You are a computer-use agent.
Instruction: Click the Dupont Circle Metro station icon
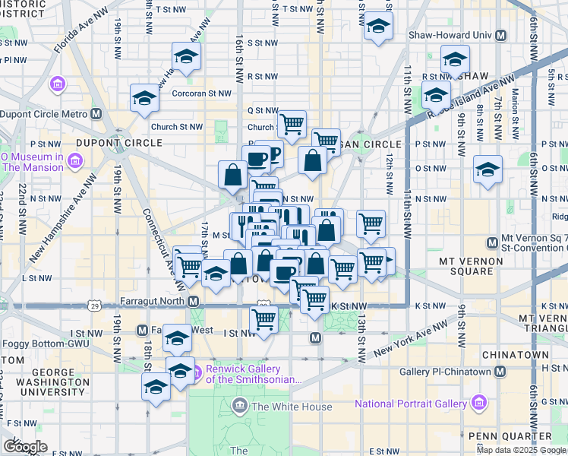pyautogui.click(x=96, y=114)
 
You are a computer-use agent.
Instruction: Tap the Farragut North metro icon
pyautogui.click(x=194, y=302)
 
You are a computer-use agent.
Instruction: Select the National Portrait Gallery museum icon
pyautogui.click(x=479, y=402)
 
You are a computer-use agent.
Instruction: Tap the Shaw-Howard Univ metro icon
pyautogui.click(x=500, y=36)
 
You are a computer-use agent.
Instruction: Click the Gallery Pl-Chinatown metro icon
pyautogui.click(x=500, y=372)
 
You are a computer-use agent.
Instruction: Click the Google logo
pyautogui.click(x=25, y=446)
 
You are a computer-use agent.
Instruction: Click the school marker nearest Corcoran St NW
pyautogui.click(x=143, y=97)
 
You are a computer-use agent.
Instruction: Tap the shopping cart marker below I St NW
pyautogui.click(x=263, y=319)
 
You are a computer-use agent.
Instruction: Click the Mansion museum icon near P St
pyautogui.click(x=74, y=161)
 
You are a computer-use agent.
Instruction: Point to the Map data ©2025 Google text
pyautogui.click(x=521, y=450)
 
